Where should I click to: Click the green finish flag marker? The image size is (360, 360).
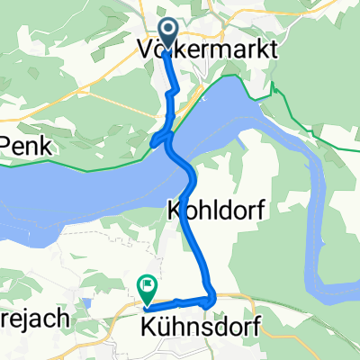point(146,288)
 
